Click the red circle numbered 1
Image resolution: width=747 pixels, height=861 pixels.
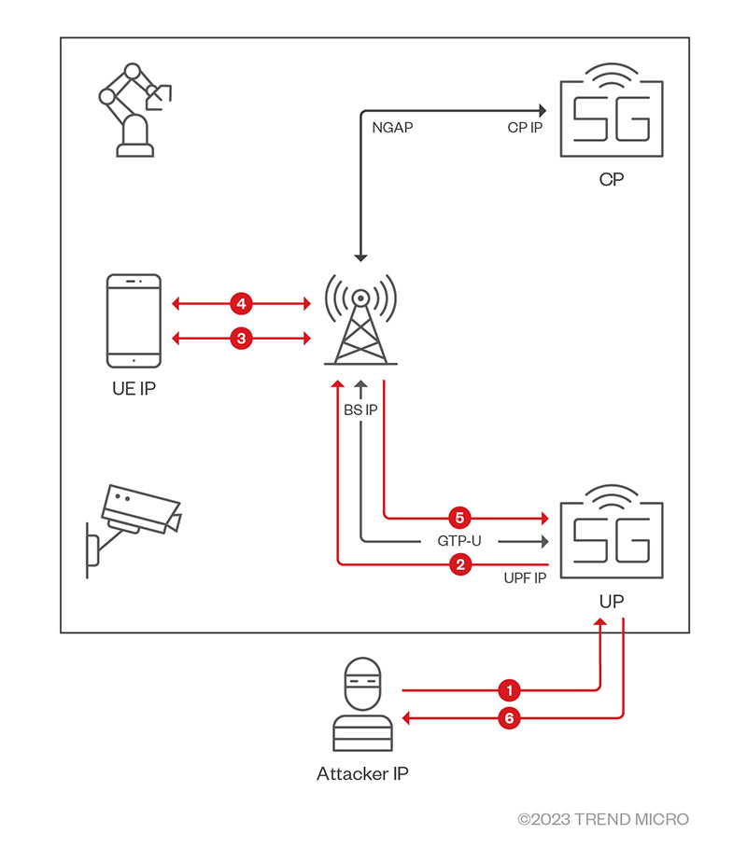509,690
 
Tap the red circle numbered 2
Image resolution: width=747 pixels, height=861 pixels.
458,563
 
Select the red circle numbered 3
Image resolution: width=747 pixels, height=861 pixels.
241,339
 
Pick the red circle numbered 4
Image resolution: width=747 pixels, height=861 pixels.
241,304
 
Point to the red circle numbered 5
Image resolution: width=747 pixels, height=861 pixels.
458,516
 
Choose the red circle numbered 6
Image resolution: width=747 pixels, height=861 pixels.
509,718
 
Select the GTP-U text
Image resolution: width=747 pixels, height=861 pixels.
459,540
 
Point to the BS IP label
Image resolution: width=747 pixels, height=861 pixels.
360,410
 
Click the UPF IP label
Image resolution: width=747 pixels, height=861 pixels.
524,580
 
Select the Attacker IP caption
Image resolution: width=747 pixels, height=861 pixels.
362,773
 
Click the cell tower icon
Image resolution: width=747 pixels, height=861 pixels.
360,317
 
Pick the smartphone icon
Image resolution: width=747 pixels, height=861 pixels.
134,320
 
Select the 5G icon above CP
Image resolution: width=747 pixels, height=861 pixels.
611,112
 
